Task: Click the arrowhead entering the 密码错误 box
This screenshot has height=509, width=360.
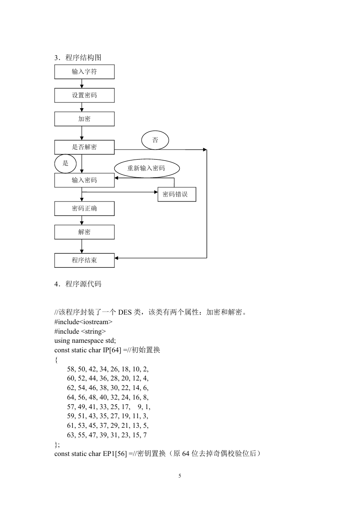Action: coord(156,192)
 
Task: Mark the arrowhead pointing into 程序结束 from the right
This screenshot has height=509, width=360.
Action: coord(116,258)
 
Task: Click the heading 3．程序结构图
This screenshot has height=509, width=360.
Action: coord(78,58)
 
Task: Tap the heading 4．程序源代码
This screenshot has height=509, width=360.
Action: coord(78,284)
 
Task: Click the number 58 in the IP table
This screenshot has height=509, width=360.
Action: coord(71,369)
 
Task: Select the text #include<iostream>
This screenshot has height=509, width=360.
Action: coord(83,322)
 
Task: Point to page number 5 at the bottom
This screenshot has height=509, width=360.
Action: coord(180,476)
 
